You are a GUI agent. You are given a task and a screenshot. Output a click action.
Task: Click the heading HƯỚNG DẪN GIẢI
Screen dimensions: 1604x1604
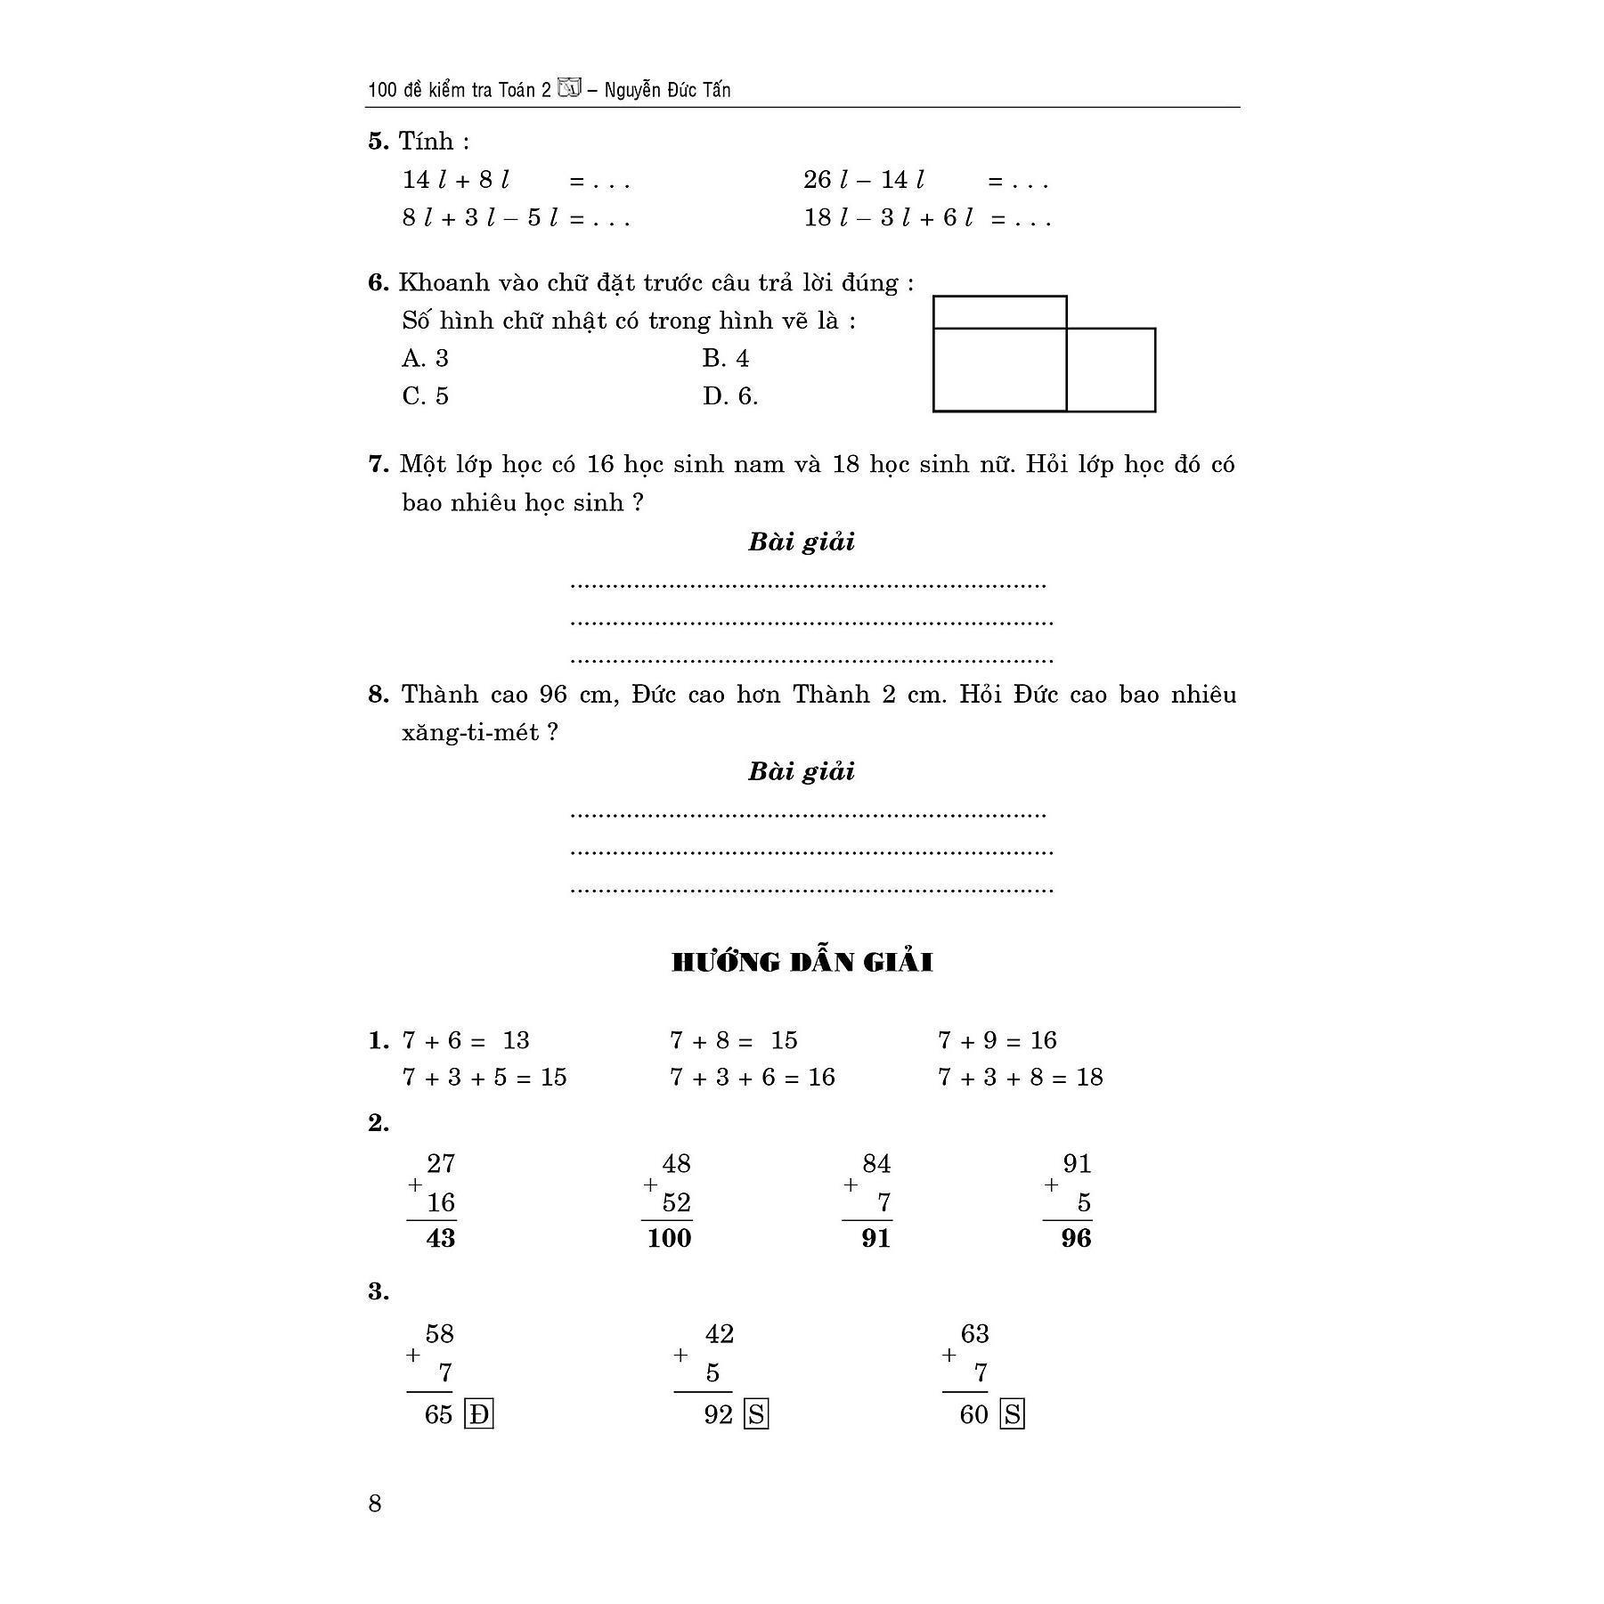[x=802, y=963]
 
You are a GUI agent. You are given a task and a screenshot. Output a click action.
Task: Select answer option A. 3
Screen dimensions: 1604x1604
[x=426, y=359]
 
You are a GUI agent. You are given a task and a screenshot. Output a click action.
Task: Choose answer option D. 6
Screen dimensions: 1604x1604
[x=730, y=396]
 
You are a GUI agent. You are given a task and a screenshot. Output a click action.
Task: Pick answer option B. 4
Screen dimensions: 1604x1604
[x=726, y=359]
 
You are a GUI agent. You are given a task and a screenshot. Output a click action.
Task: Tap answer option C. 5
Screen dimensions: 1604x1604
[x=426, y=396]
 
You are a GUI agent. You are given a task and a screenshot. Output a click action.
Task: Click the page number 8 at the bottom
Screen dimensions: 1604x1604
[x=375, y=1503]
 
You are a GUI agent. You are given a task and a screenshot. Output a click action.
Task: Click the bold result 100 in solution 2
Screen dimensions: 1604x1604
[x=669, y=1238]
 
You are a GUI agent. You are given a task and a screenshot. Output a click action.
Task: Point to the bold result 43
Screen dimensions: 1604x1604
[x=440, y=1238]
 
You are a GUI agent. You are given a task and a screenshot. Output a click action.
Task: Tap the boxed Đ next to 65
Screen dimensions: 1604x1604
[x=479, y=1414]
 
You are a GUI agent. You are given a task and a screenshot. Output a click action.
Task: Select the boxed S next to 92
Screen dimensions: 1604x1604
[x=756, y=1414]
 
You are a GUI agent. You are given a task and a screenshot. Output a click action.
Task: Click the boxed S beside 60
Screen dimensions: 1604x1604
[x=1013, y=1414]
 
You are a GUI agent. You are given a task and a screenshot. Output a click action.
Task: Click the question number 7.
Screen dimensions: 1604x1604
[x=378, y=465]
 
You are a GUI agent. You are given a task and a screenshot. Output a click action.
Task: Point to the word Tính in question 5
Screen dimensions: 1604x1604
[x=427, y=142]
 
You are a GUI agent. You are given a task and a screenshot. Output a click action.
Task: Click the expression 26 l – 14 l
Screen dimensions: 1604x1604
[x=864, y=181]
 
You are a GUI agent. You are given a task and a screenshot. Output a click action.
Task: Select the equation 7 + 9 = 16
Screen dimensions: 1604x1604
[x=997, y=1040]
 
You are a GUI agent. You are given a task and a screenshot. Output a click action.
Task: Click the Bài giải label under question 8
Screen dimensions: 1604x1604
[x=802, y=771]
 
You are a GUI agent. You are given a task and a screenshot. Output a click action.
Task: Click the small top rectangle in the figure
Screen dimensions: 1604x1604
[x=999, y=313]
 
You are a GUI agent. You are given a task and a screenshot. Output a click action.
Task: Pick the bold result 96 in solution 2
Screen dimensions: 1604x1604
[x=1076, y=1238]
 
